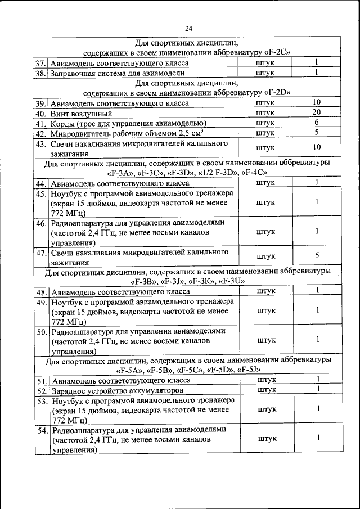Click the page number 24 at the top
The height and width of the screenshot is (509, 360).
[188, 29]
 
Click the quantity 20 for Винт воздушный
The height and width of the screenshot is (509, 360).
[317, 112]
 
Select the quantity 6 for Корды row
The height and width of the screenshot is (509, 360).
[317, 123]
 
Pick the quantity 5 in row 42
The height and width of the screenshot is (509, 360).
[317, 133]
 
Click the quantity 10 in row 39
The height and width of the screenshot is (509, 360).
[317, 102]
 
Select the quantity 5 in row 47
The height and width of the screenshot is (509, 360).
[317, 256]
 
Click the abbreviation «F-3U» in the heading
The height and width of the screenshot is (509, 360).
[230, 281]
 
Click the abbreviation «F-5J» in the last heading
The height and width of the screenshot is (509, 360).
[249, 370]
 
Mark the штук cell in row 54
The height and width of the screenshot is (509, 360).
[267, 438]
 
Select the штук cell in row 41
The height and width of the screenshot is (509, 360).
[267, 123]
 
